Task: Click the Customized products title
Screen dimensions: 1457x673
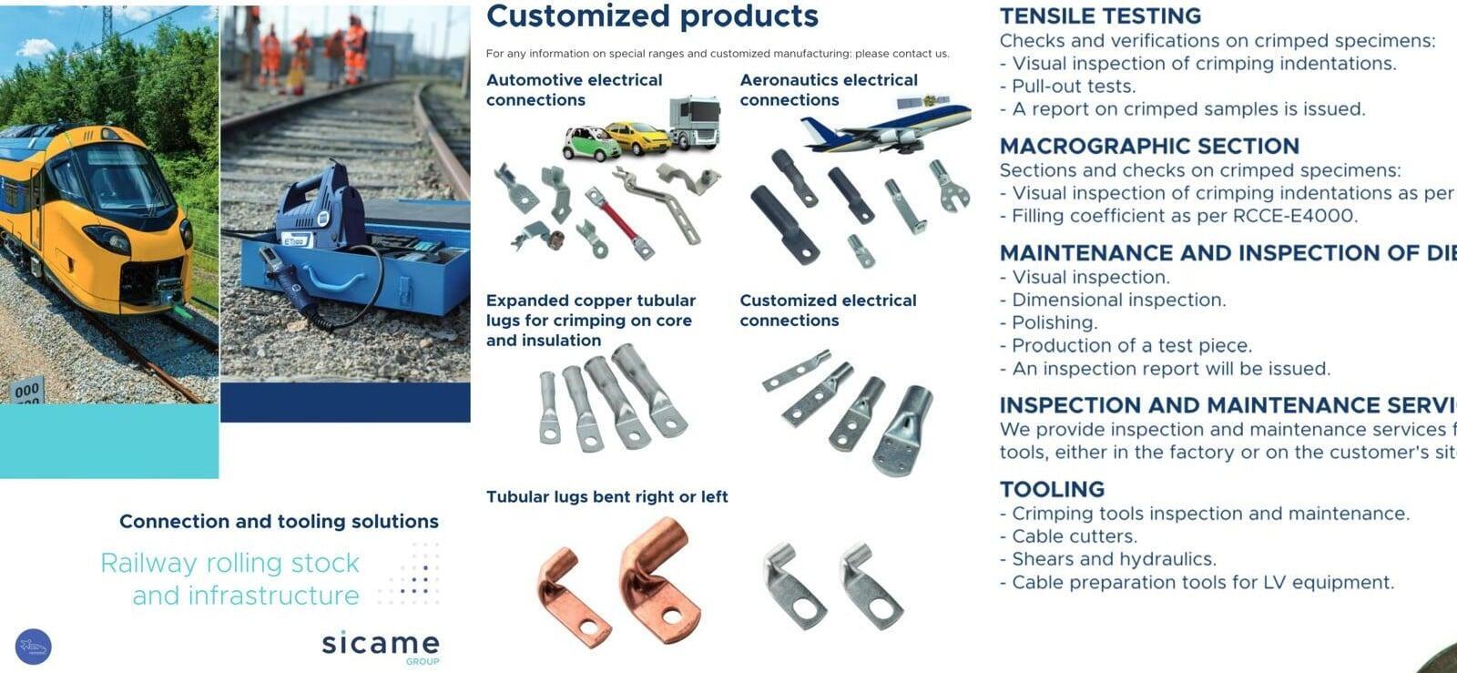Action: click(652, 16)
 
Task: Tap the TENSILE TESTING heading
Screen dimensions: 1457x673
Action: click(1100, 15)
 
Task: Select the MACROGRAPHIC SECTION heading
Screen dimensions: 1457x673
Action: click(1149, 146)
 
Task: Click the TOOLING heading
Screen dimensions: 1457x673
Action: click(1052, 489)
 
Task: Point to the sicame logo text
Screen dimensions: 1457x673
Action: click(381, 643)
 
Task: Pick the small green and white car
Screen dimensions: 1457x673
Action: click(591, 143)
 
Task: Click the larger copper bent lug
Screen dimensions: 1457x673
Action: click(660, 578)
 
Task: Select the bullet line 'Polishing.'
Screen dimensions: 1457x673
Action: click(1048, 322)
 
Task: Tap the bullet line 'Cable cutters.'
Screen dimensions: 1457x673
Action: click(1069, 536)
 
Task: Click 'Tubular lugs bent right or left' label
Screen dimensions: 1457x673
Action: click(606, 497)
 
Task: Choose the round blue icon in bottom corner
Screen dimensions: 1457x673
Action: click(33, 647)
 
